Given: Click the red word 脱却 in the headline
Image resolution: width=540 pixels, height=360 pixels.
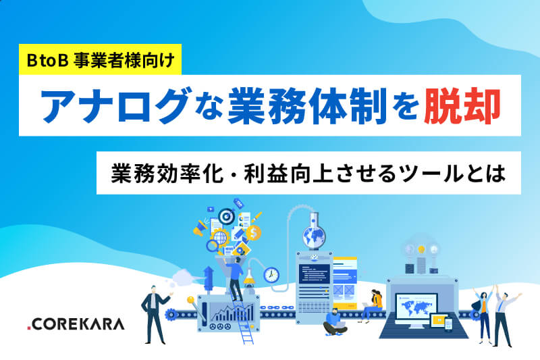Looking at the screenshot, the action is (x=462, y=106).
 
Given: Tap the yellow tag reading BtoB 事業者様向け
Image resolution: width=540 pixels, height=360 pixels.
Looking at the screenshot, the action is (x=100, y=59).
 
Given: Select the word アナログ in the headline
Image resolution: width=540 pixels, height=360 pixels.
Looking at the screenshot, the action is (x=115, y=106).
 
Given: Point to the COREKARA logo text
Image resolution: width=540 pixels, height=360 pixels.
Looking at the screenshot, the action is (x=76, y=324).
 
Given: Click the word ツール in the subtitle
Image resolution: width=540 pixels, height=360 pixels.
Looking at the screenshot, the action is (x=430, y=174).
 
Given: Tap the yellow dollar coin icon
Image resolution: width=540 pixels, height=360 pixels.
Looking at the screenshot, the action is (x=254, y=233).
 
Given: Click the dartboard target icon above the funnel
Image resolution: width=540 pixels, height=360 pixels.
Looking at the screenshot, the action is (x=227, y=216).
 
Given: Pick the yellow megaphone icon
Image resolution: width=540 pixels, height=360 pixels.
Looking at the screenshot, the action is (x=200, y=228).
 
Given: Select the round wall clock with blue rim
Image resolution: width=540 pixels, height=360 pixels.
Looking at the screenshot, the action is (x=271, y=275).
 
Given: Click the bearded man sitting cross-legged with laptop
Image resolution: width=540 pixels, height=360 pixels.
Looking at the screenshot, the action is (x=334, y=322).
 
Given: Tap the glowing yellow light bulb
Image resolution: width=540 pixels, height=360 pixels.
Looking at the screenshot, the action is (x=421, y=249).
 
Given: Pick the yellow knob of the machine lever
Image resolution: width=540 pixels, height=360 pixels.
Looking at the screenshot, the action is (x=190, y=300).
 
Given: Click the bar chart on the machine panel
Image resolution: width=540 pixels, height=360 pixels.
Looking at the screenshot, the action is (x=232, y=313).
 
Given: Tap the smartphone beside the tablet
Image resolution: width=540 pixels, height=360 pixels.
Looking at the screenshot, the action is (x=448, y=324).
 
